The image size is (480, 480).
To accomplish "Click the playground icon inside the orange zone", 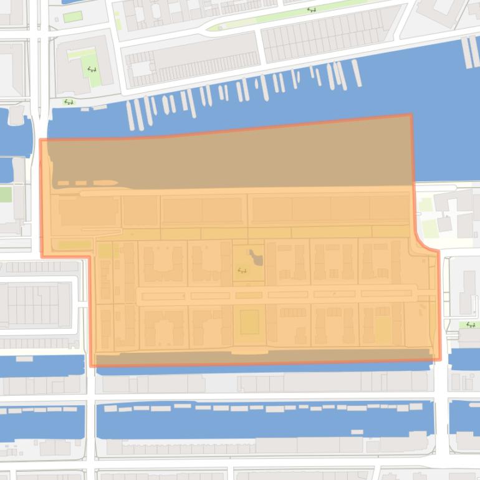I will (x=242, y=270).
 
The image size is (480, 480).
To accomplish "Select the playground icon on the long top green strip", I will (x=310, y=10).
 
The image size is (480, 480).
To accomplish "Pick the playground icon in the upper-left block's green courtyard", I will (x=91, y=69).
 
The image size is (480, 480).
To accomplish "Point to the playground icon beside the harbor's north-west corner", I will (x=69, y=102).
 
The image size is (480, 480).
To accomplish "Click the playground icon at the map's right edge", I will (x=471, y=325).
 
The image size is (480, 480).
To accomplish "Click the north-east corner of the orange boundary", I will (x=411, y=116).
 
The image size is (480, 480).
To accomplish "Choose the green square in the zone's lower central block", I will (x=249, y=322).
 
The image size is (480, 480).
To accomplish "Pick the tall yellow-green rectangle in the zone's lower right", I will (x=383, y=329).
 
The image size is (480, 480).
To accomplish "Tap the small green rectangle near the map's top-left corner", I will (x=72, y=16).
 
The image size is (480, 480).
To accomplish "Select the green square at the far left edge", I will (x=5, y=194).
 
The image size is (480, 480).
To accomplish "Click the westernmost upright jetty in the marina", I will (x=130, y=115).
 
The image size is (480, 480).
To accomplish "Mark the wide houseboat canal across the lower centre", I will (x=265, y=421).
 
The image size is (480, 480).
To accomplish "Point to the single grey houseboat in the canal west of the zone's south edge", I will (x=24, y=358).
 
